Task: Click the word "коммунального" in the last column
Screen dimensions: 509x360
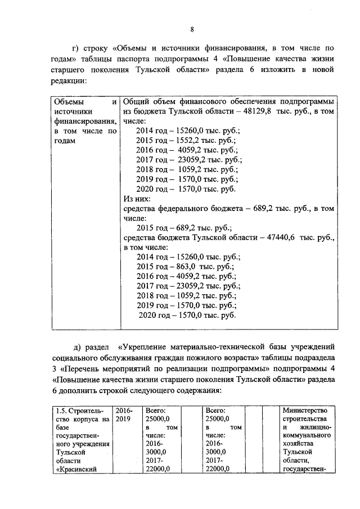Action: tap(307, 435)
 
